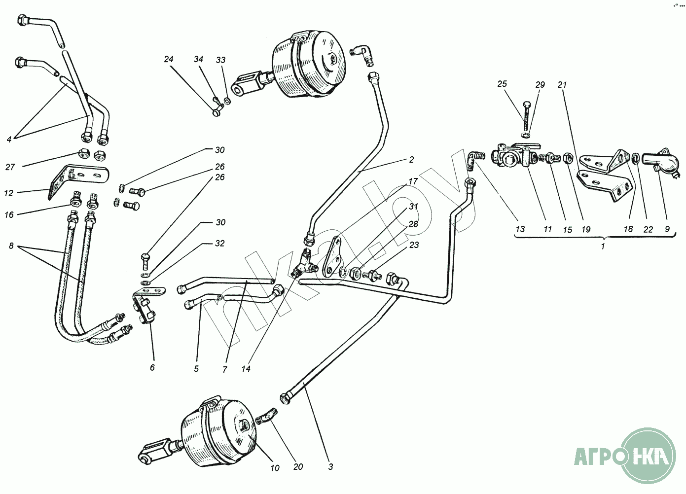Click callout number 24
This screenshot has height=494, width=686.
point(169,59)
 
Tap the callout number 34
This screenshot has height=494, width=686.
point(198,59)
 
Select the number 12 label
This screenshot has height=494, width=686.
point(8,193)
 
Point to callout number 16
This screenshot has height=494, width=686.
point(9,214)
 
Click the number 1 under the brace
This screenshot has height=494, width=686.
point(603,246)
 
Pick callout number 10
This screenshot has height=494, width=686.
point(275,468)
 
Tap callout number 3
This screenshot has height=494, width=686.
point(330,467)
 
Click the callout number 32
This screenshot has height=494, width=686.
point(219,244)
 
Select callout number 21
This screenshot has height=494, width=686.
point(562,85)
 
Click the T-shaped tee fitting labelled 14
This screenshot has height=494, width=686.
point(303,263)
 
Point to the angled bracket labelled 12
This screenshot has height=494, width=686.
point(78,180)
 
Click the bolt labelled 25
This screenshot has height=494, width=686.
point(527,116)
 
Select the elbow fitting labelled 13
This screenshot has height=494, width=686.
point(475,158)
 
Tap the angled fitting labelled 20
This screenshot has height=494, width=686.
point(266,416)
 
